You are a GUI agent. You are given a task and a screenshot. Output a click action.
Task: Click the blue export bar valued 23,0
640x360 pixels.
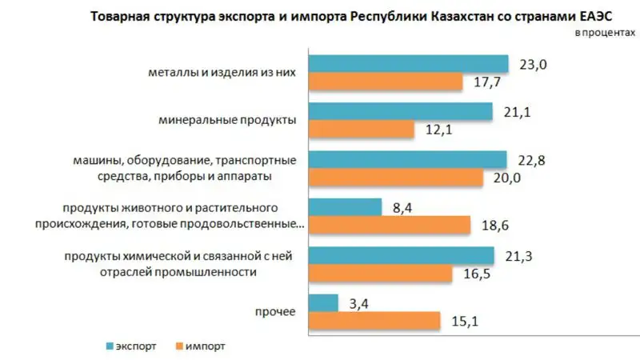[409, 63]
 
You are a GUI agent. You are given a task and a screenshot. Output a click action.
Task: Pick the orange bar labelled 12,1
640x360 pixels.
[361, 129]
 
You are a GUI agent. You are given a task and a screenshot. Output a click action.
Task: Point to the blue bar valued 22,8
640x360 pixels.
[408, 159]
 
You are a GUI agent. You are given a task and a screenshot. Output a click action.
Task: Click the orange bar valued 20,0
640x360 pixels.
[396, 178]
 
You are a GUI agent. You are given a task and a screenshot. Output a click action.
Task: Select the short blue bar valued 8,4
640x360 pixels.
[345, 207]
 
